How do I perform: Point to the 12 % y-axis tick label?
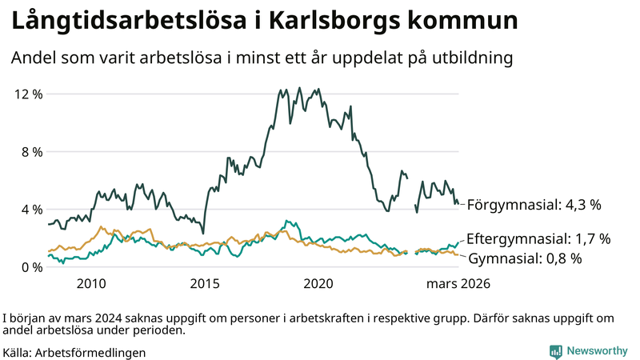[x=29, y=94]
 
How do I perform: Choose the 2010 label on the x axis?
[x=90, y=284]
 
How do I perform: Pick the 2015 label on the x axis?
[x=205, y=284]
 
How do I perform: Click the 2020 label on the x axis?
[x=319, y=284]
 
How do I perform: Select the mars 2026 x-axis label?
[x=458, y=284]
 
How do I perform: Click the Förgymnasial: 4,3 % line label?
[x=533, y=205]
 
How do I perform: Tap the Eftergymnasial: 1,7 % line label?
[x=538, y=239]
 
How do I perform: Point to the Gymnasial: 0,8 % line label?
[x=524, y=258]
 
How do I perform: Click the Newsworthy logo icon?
[x=555, y=351]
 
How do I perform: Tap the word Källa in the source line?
[x=17, y=352]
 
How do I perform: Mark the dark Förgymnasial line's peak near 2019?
[x=299, y=88]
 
